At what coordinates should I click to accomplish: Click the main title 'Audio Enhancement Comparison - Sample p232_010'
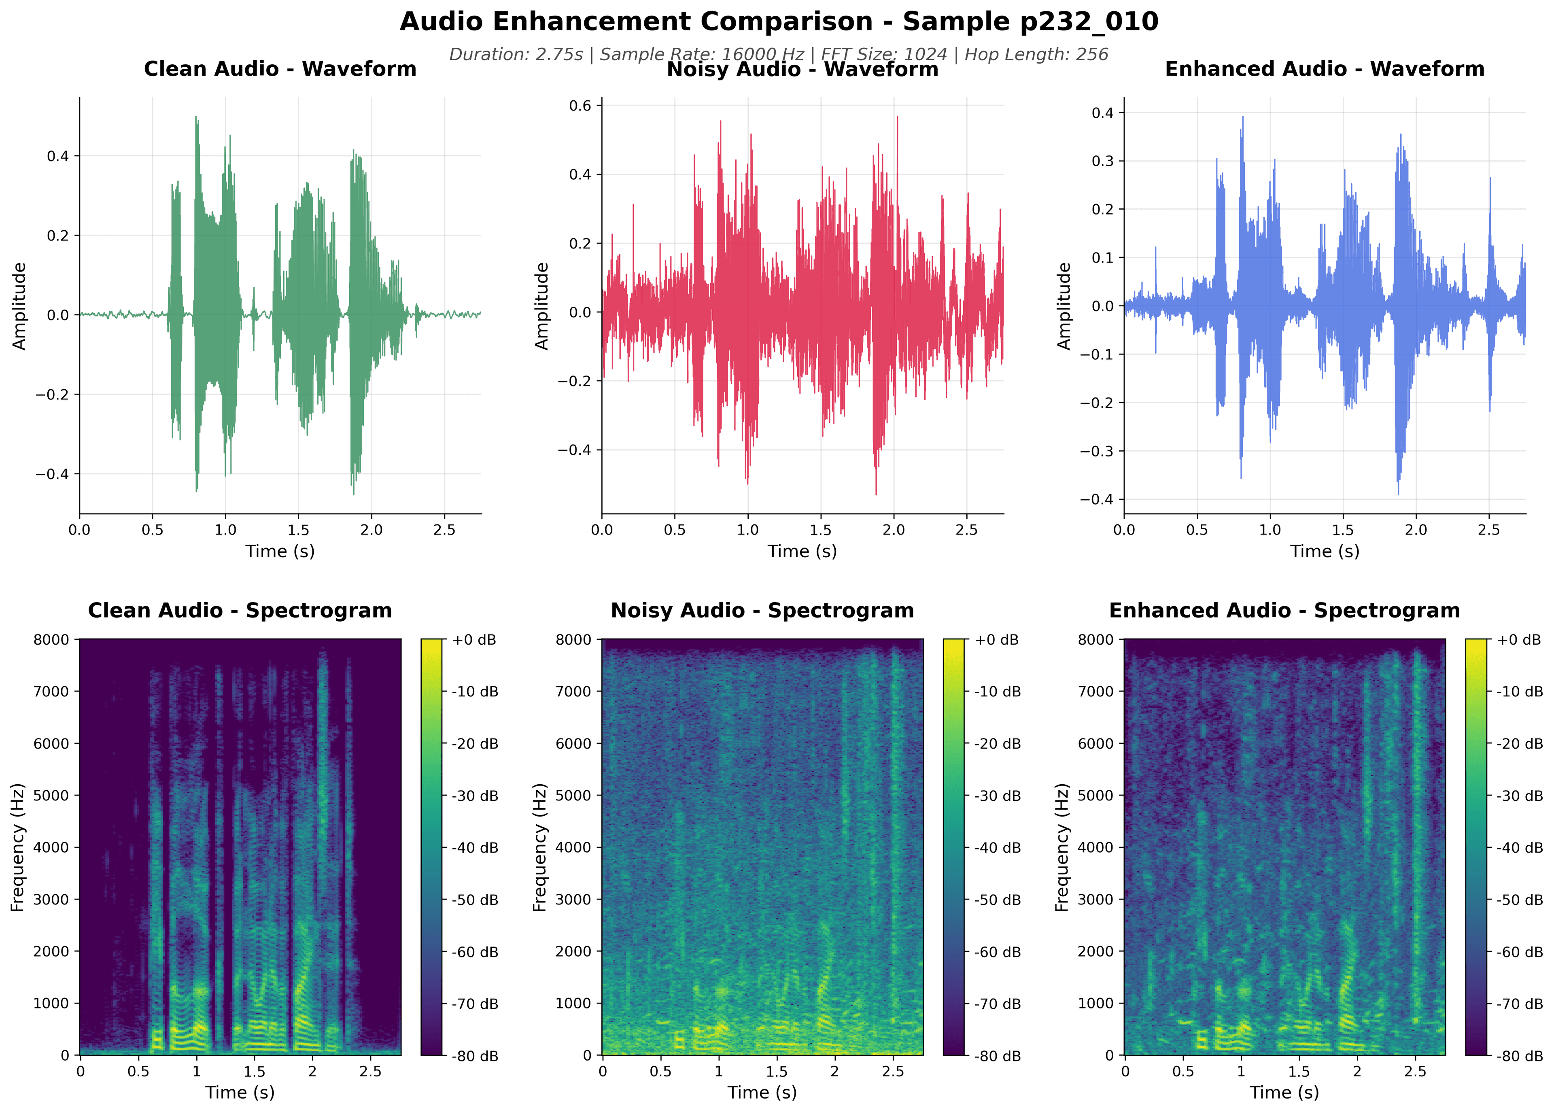point(778,22)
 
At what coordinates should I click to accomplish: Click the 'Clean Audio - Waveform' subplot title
point(280,69)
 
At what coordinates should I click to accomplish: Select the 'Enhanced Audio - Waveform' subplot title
point(1324,69)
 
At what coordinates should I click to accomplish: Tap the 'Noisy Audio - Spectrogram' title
point(762,610)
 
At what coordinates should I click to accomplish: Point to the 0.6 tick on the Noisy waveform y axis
point(581,106)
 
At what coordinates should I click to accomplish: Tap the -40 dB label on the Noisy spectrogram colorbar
point(997,848)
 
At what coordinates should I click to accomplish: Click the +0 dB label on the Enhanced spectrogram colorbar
point(1519,639)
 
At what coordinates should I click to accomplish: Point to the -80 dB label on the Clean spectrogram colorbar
point(474,1056)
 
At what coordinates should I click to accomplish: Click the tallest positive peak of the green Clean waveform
point(196,117)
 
